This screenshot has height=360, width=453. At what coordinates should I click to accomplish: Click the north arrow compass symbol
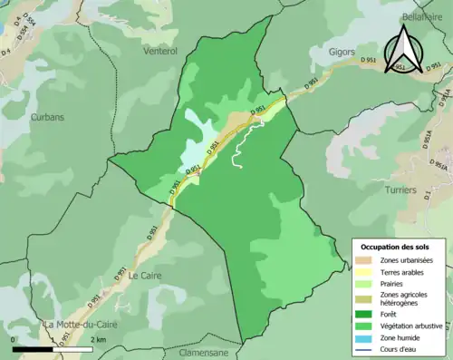pyautogui.click(x=406, y=49)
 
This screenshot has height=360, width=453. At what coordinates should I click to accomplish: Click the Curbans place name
pyautogui.click(x=46, y=117)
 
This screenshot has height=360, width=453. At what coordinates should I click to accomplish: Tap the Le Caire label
pyautogui.click(x=145, y=275)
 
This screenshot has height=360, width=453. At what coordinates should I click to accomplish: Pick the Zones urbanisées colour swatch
pyautogui.click(x=367, y=261)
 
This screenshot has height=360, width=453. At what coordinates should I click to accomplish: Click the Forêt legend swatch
pyautogui.click(x=367, y=313)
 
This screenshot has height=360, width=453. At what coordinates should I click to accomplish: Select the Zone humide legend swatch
pyautogui.click(x=367, y=339)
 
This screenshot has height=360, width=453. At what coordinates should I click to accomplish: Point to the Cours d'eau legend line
pyautogui.click(x=367, y=352)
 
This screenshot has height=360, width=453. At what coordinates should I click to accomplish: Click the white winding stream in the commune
pyautogui.click(x=237, y=150)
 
